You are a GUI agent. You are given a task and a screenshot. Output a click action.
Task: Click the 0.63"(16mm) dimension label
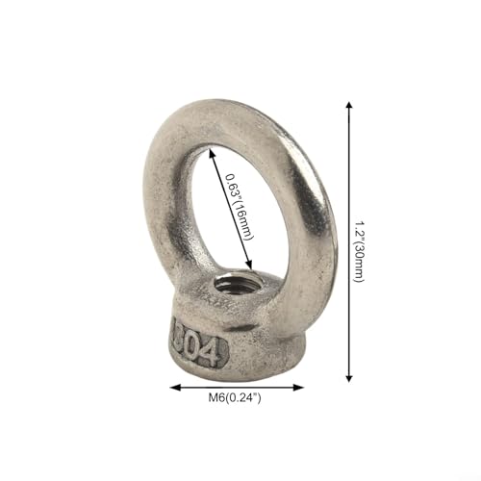point(239,207)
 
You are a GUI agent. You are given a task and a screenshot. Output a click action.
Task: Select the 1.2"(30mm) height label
point(360,251)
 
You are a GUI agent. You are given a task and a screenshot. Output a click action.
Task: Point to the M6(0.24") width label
point(235,398)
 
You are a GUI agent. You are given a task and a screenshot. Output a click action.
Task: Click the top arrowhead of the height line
point(349,106)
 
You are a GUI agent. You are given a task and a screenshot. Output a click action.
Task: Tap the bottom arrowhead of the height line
point(349,378)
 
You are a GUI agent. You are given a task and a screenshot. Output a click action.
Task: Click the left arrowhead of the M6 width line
point(175,388)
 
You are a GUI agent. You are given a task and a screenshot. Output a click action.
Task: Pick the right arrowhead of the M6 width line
point(299,388)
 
